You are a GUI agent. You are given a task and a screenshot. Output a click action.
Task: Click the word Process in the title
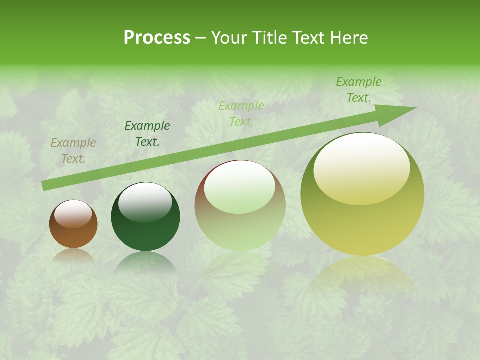pos(157,38)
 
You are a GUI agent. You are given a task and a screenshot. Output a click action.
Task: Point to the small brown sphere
pos(73,224)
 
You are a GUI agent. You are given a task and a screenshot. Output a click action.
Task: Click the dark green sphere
pos(145,217)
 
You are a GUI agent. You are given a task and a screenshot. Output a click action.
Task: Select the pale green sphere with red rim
pos(240,205)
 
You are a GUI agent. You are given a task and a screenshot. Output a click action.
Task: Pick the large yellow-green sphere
pos(362,194)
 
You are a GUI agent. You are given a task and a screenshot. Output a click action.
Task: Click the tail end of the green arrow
pos(46,185)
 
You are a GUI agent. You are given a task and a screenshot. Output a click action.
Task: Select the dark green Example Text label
pos(147,134)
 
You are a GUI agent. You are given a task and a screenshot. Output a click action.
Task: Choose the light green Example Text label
pos(241,114)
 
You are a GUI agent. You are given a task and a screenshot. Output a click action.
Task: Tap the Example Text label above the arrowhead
pos(359,90)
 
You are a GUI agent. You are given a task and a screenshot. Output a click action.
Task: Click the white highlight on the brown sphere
pos(73,214)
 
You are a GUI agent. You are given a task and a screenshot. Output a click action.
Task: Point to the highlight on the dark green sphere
pos(145,202)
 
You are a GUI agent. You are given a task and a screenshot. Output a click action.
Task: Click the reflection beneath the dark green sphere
pos(145,265)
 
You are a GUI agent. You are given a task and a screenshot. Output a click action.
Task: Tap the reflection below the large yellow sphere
pos(362,280)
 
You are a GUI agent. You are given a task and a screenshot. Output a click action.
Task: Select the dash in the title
pos(201,38)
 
